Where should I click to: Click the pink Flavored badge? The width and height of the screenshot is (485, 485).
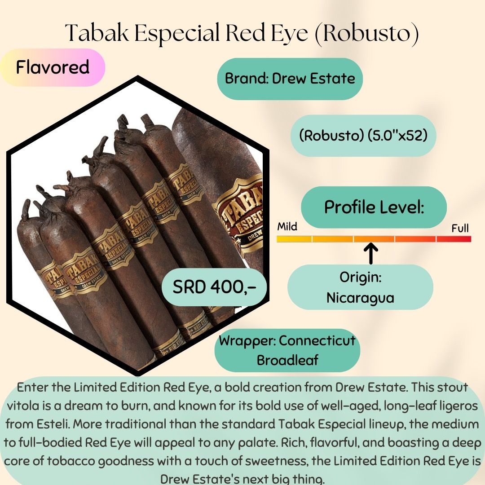53,67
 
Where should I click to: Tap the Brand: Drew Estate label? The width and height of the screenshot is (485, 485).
290,79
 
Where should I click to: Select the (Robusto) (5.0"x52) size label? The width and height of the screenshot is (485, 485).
362,136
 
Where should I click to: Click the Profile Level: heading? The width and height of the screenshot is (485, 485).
374,207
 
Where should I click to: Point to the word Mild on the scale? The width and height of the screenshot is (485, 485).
287,226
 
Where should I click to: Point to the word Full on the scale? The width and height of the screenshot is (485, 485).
460,229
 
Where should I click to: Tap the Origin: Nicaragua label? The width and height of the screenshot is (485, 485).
360,287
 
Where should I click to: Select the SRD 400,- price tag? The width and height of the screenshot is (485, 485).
214,287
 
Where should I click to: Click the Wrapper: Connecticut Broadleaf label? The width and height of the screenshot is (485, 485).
287,350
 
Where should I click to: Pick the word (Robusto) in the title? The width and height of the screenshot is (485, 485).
366,34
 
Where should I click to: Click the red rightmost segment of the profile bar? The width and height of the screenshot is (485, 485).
454,239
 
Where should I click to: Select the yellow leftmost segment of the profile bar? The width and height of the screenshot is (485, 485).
294,239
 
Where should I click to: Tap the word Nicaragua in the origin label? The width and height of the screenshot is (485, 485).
360,297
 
